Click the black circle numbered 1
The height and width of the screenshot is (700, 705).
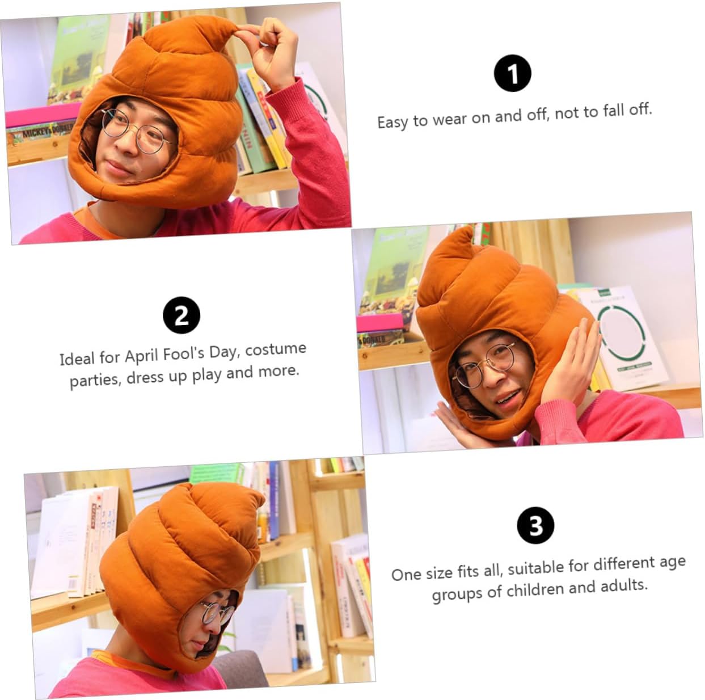(x=512, y=73)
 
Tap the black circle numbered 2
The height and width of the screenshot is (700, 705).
(x=181, y=315)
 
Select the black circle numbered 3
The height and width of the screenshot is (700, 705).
(x=535, y=525)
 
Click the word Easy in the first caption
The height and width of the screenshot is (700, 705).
(x=392, y=121)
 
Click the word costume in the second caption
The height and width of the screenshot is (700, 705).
(x=276, y=349)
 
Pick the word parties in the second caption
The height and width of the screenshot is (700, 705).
(x=95, y=381)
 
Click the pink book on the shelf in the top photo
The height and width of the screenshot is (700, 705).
(x=43, y=114)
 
